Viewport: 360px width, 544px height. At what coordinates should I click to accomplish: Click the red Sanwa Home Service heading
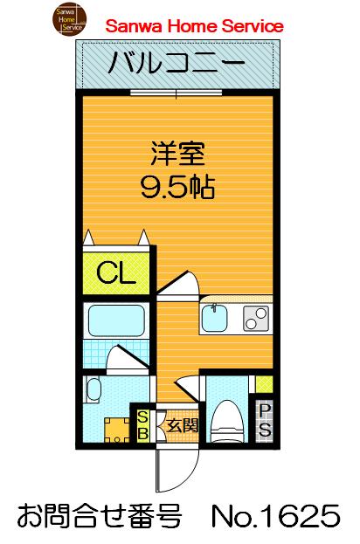(194, 27)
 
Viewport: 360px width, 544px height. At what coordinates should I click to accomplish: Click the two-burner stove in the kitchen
(254, 320)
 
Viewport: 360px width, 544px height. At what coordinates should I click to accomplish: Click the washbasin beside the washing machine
(95, 390)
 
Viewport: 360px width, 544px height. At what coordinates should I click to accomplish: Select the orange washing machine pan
(110, 428)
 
